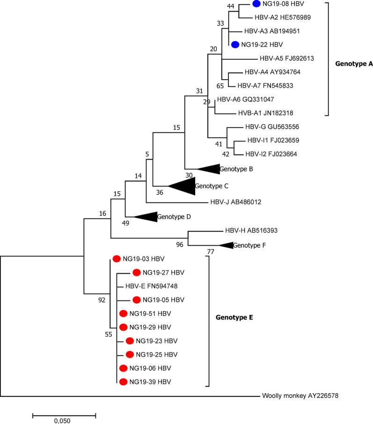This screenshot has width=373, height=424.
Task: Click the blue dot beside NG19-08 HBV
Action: pos(256,4)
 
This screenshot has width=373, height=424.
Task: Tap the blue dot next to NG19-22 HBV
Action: pos(235,44)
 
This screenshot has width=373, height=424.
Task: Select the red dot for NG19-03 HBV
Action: pos(117,258)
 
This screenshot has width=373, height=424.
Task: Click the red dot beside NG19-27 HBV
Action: pos(137,272)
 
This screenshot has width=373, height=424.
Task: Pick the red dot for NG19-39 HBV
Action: pos(124,382)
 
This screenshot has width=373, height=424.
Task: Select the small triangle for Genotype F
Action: pos(227,245)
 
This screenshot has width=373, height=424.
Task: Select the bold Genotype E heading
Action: pos(234,317)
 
